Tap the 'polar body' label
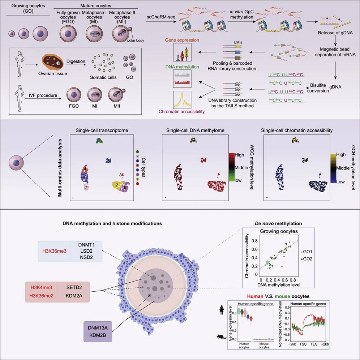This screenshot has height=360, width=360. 135,40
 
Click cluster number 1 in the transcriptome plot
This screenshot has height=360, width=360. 98,140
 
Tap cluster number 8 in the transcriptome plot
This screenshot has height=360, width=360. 121,175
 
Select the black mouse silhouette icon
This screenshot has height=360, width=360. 219,337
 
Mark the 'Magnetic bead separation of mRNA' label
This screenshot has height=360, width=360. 336,51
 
